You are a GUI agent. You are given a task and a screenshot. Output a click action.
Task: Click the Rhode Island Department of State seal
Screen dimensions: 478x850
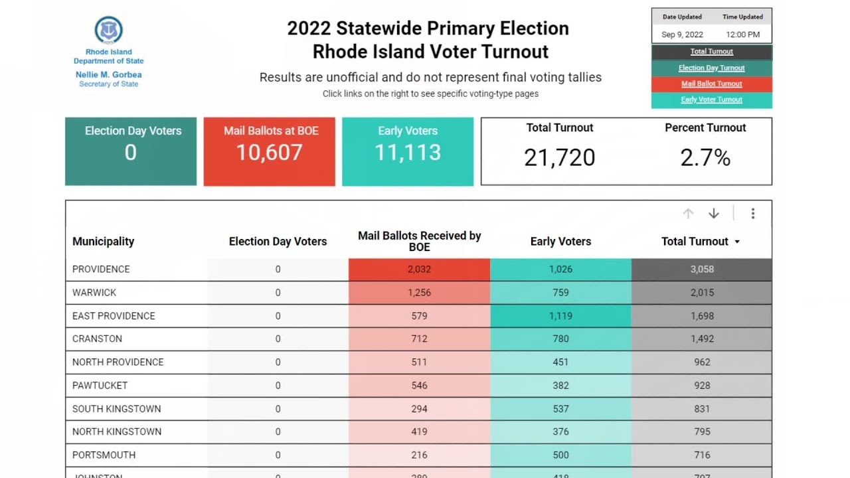[108, 31]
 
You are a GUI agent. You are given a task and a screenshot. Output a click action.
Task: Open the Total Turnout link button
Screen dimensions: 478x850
[711, 52]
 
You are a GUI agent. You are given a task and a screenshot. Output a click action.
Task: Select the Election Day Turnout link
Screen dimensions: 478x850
[711, 68]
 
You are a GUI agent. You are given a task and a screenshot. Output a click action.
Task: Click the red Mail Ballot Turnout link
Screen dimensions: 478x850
[711, 84]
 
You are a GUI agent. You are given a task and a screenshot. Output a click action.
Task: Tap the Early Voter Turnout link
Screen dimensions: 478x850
[711, 100]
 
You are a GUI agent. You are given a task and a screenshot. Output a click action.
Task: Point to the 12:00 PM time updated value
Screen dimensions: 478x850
[742, 35]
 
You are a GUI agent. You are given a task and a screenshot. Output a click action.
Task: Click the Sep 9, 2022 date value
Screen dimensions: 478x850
[682, 35]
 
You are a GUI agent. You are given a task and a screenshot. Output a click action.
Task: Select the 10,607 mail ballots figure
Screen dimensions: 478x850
[269, 153]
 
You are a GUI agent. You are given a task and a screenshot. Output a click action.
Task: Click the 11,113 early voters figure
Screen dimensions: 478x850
[408, 153]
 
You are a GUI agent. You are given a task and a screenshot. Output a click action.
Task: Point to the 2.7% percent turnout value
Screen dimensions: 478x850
[705, 158]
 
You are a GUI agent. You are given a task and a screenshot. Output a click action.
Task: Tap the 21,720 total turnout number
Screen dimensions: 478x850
[559, 158]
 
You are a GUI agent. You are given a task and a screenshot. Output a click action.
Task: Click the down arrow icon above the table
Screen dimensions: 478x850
[714, 213]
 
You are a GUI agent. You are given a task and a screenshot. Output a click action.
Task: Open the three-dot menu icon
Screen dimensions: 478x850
[752, 213]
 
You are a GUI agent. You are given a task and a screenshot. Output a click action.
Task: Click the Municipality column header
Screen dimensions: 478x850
[103, 242]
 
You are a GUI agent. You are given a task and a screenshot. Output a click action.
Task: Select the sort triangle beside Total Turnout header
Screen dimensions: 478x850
[737, 242]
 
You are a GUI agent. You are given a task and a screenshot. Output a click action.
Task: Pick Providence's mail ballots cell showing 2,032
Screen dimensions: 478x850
[419, 270]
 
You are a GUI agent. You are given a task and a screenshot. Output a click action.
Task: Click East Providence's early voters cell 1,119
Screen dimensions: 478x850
[560, 316]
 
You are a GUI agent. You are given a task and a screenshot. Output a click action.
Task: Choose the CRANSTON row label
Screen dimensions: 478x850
[97, 339]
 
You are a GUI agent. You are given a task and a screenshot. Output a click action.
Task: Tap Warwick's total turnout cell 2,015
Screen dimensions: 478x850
[702, 293]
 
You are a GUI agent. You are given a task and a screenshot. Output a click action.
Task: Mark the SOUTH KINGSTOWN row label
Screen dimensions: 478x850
[116, 409]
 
